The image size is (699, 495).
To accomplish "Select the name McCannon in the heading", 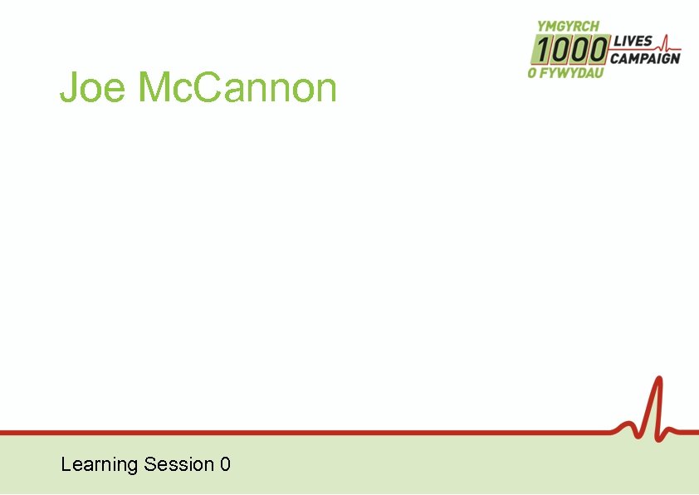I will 237,88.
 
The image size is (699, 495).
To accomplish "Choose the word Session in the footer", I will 178,464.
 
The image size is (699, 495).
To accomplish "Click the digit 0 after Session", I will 225,464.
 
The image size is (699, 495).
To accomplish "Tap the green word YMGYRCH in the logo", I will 569,27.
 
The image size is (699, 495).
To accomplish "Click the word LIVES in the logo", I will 633,42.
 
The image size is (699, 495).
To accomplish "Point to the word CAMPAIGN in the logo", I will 645,58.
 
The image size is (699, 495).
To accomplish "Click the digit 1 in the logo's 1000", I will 540,50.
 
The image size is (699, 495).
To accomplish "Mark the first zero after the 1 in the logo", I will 559,50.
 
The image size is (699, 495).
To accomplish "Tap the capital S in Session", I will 149,464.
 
